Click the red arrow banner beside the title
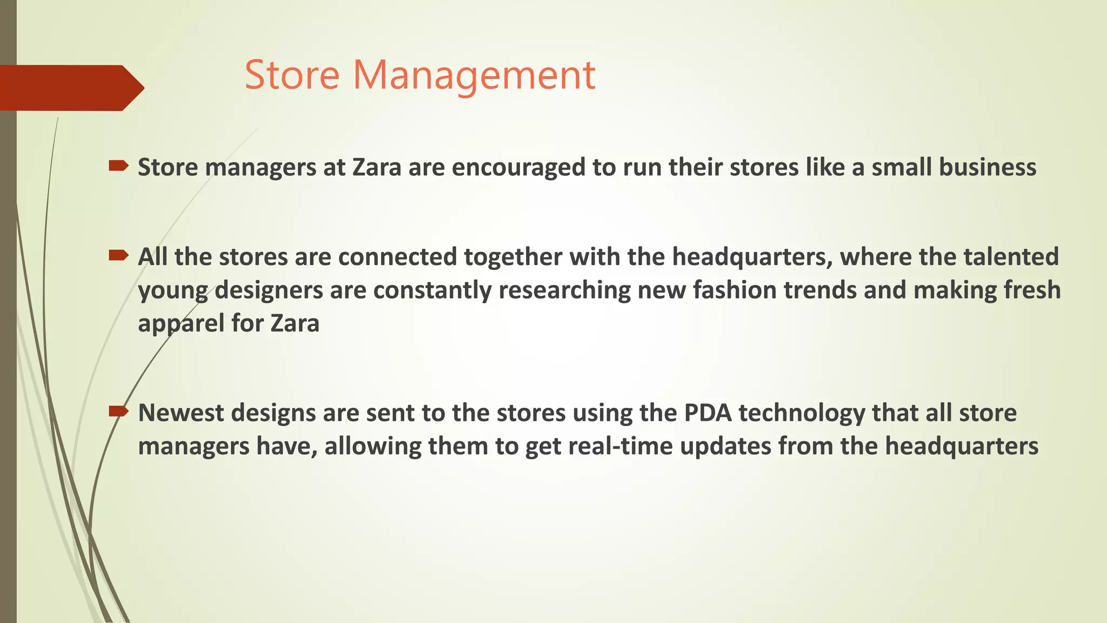pyautogui.click(x=70, y=88)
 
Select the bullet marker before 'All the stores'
pyautogui.click(x=118, y=255)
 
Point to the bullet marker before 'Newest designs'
pyautogui.click(x=118, y=412)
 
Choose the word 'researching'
pyautogui.click(x=564, y=290)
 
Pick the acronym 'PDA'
pyautogui.click(x=708, y=413)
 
